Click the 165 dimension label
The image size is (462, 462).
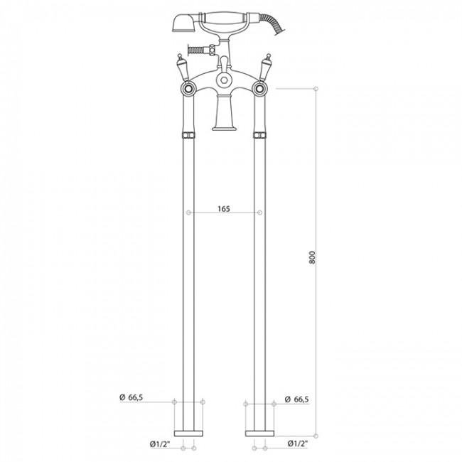pos(224,209)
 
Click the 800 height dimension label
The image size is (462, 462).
pos(312,257)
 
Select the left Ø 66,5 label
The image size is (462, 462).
pos(131,397)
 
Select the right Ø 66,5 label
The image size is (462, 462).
pos(296,399)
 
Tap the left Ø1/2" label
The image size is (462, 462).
pos(160,444)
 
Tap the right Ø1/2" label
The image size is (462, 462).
pos(298,443)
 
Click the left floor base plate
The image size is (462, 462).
pos(188,434)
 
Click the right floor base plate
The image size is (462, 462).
pos(259,434)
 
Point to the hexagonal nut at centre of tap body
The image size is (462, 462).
pos(224,80)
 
